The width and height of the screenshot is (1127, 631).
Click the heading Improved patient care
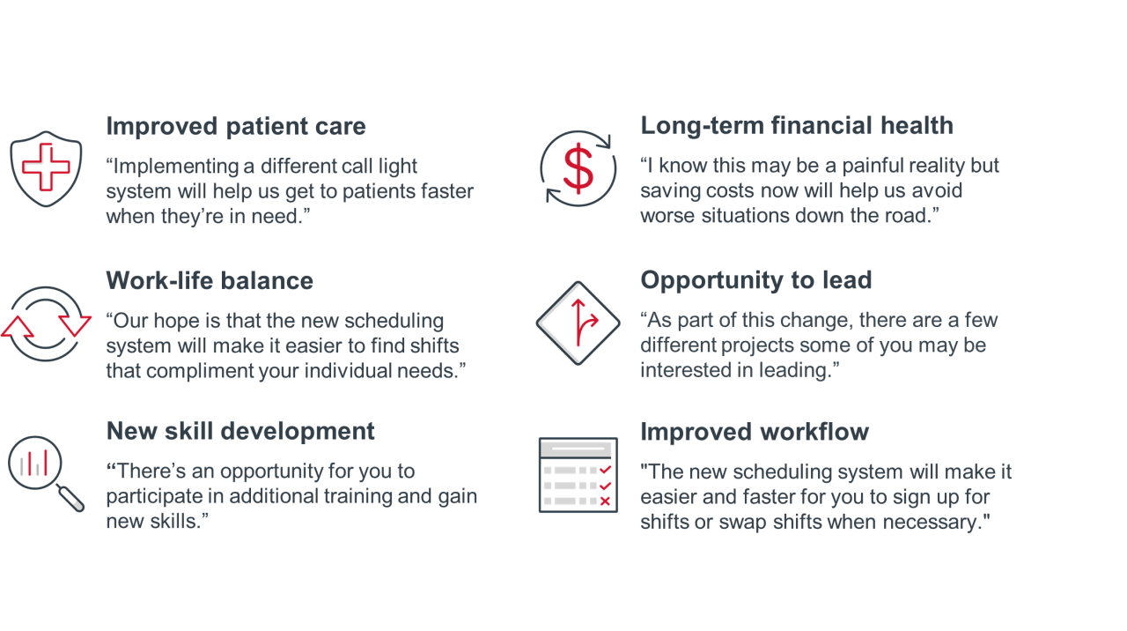coord(235,126)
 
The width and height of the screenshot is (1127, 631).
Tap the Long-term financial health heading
coord(797,126)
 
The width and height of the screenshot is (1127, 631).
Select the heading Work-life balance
coord(210,280)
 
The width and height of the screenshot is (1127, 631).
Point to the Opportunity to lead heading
coord(755,280)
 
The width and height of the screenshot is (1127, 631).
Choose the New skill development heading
coord(240,431)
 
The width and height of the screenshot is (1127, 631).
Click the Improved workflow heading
coord(755,432)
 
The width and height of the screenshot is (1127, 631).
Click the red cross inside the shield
coord(46,167)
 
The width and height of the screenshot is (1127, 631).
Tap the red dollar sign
coord(578,168)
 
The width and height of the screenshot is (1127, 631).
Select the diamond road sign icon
coord(578,323)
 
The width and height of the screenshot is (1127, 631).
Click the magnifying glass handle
coord(70,498)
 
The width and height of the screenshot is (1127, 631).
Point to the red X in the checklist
coord(605,501)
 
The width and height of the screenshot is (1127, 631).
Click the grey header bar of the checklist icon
coord(578,449)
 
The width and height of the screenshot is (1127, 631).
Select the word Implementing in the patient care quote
coord(175,167)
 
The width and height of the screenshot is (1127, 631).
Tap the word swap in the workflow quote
coord(742,523)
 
